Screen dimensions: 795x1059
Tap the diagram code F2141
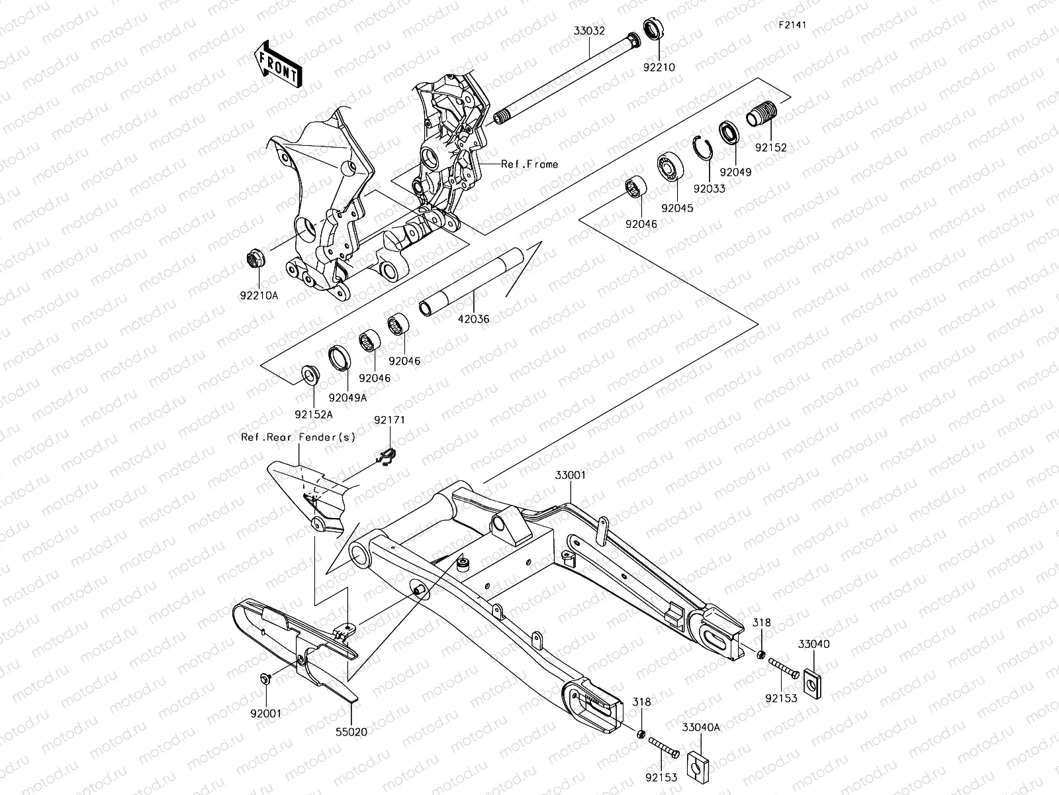[794, 25]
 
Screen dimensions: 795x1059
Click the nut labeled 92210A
[257, 257]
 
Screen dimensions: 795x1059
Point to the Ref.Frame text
[529, 164]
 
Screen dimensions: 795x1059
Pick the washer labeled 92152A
[310, 375]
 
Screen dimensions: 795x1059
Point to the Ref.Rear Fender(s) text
[298, 437]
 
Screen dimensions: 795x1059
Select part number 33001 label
[570, 475]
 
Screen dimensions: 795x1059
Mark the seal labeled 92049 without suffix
[730, 133]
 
